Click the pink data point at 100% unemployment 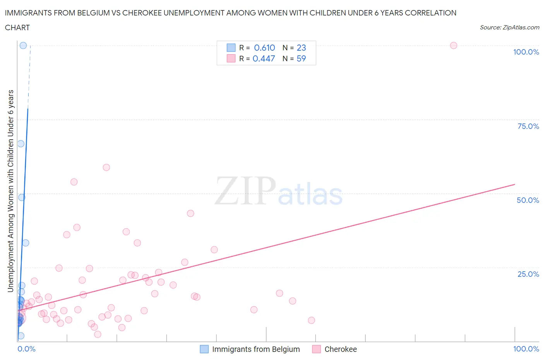click(x=453, y=46)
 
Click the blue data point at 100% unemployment click(x=23, y=46)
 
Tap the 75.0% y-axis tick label click(x=528, y=126)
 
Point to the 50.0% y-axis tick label click(x=528, y=200)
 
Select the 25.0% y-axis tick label click(x=528, y=274)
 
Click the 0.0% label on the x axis click(x=26, y=349)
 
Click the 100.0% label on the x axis click(x=526, y=349)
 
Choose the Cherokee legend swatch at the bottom click(x=316, y=349)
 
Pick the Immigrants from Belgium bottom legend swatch click(x=204, y=349)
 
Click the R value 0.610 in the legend click(x=264, y=48)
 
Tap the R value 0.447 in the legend click(x=263, y=59)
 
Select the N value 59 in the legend click(x=301, y=59)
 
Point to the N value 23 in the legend click(x=301, y=48)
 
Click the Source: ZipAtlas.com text click(x=509, y=27)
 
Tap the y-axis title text click(x=11, y=191)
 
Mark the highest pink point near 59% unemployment click(x=106, y=168)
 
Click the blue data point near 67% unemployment click(x=21, y=144)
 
